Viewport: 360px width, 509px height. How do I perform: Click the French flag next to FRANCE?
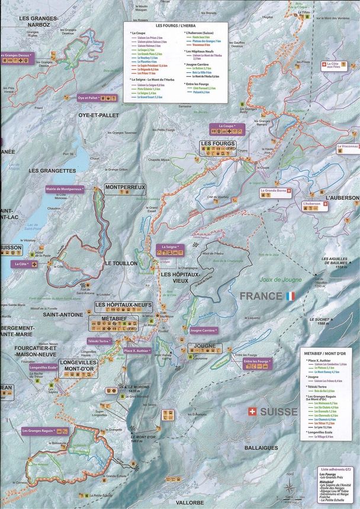(290, 295)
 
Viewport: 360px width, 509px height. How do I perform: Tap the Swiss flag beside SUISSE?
(253, 410)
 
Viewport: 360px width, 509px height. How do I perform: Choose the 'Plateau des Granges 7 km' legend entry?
(207, 41)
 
